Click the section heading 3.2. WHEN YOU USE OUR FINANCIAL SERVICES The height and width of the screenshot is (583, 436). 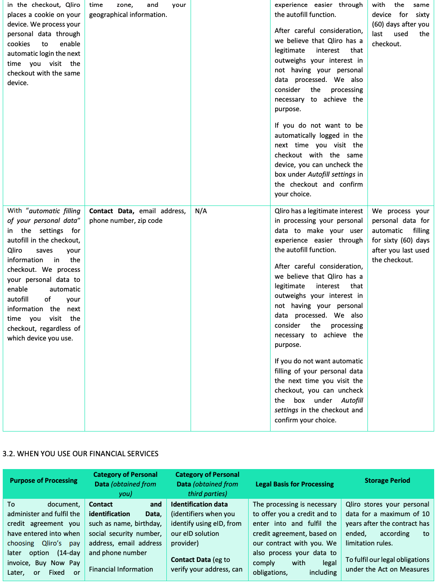click(80, 453)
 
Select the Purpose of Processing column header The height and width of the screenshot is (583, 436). click(43, 480)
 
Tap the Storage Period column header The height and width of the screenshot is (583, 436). click(387, 480)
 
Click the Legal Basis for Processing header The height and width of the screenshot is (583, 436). click(294, 484)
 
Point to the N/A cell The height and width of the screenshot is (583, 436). click(201, 211)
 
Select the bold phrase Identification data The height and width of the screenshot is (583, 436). click(199, 504)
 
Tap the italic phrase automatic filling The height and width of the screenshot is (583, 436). click(54, 211)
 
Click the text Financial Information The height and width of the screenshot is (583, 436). click(121, 569)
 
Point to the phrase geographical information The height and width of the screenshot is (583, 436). click(128, 15)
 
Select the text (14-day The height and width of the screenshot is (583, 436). click(69, 553)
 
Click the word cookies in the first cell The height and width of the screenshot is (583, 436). click(19, 44)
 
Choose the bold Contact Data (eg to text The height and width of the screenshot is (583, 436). click(200, 560)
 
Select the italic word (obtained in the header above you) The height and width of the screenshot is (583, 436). click(126, 484)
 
